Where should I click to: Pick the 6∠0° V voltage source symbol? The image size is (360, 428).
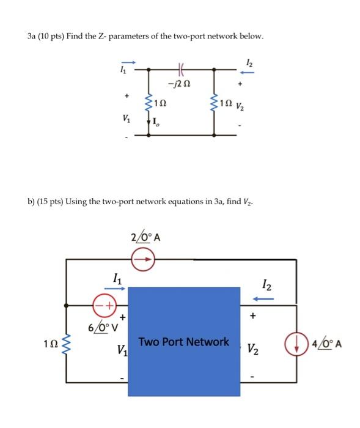(103, 304)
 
